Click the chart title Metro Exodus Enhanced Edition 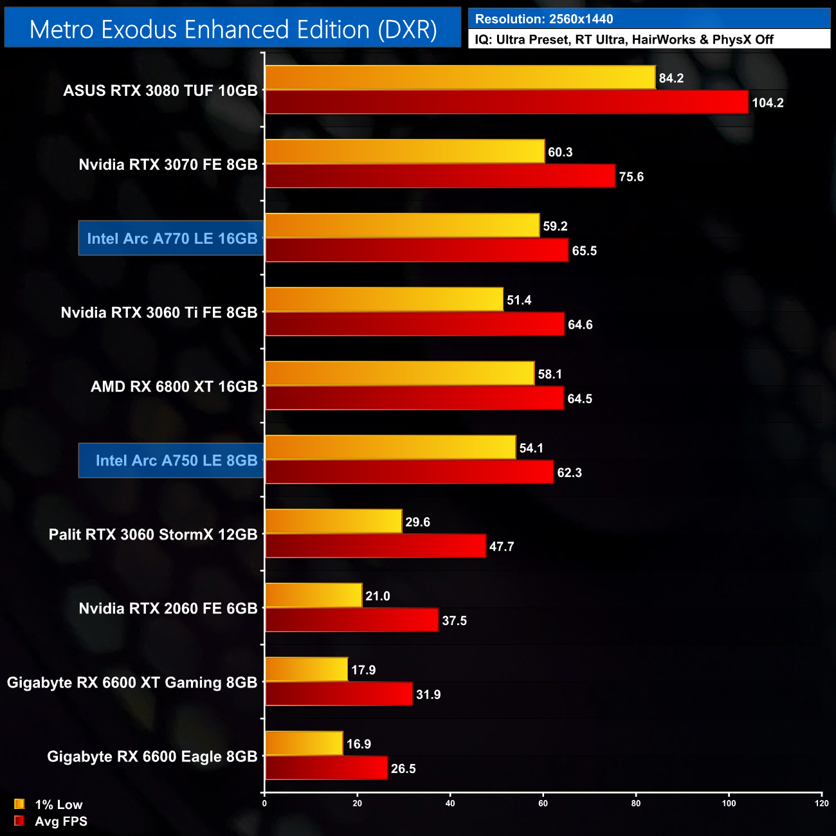(233, 30)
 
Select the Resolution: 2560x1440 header (544, 19)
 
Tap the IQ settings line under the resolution (624, 40)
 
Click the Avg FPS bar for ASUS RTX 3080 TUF (507, 102)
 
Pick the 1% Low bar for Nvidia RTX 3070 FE (404, 152)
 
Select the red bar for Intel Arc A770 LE (417, 250)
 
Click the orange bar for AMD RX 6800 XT (399, 374)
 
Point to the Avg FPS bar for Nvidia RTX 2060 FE (352, 620)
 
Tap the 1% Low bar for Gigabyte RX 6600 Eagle (304, 743)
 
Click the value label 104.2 (768, 103)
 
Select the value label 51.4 (519, 300)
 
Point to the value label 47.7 (502, 547)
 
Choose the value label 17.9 (363, 670)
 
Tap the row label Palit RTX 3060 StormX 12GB (153, 534)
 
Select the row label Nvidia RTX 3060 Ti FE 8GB (159, 313)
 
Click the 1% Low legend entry (49, 804)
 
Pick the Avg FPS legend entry (51, 821)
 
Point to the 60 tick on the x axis (543, 803)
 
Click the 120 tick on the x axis (822, 803)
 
